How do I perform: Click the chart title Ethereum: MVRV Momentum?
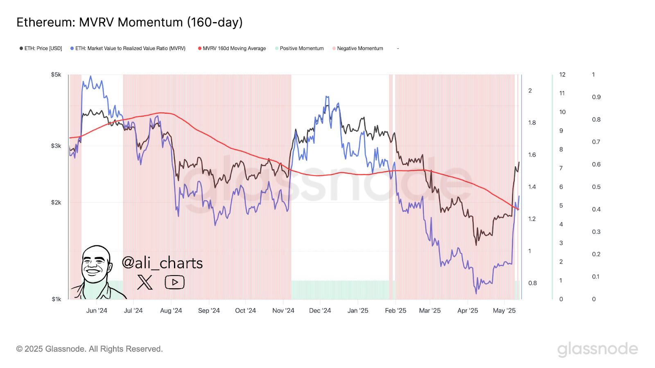click(129, 22)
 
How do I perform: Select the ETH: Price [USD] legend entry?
click(41, 48)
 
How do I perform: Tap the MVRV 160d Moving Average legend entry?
click(232, 48)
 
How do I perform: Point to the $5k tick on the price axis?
click(56, 74)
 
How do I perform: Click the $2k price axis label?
click(56, 202)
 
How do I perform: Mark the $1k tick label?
click(56, 299)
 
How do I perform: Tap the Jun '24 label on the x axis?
click(97, 310)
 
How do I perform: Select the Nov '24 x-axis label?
click(283, 310)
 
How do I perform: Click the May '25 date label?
click(504, 310)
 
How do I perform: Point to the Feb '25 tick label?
click(395, 310)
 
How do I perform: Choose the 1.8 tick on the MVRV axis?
click(532, 123)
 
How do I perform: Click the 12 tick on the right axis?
click(562, 74)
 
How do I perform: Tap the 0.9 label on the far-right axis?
click(596, 97)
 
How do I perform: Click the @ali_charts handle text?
click(162, 263)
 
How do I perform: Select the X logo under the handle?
click(145, 282)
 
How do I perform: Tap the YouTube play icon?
click(175, 282)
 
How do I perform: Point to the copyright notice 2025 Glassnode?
click(90, 349)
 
